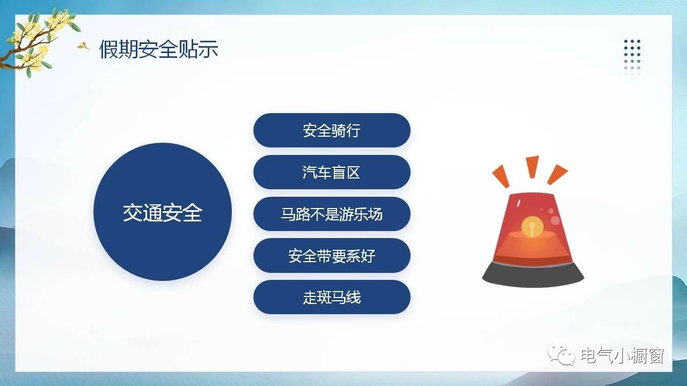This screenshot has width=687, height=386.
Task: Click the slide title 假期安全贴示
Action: coord(158,49)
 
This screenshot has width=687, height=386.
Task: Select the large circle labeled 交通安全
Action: coord(163,212)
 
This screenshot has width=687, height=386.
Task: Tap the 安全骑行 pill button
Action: coord(332,130)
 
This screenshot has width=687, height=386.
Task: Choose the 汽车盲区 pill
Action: coord(332,172)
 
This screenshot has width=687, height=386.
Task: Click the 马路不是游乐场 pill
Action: coord(332,214)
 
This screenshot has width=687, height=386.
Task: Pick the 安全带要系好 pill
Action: coord(332,256)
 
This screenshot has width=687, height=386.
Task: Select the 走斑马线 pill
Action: coord(332,297)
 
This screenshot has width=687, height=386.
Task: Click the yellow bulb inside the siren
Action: coord(532,227)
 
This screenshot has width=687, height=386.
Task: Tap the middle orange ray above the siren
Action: coord(533,166)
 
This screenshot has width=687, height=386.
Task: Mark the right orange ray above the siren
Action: coord(557,175)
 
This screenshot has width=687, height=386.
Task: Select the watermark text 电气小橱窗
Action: coord(623,355)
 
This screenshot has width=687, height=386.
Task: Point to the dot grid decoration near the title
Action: coord(632,57)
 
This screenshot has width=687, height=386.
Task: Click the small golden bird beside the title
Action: coord(83,46)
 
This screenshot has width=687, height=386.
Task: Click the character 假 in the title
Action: coord(109,49)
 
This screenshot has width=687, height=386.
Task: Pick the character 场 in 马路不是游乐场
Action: coord(375,214)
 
